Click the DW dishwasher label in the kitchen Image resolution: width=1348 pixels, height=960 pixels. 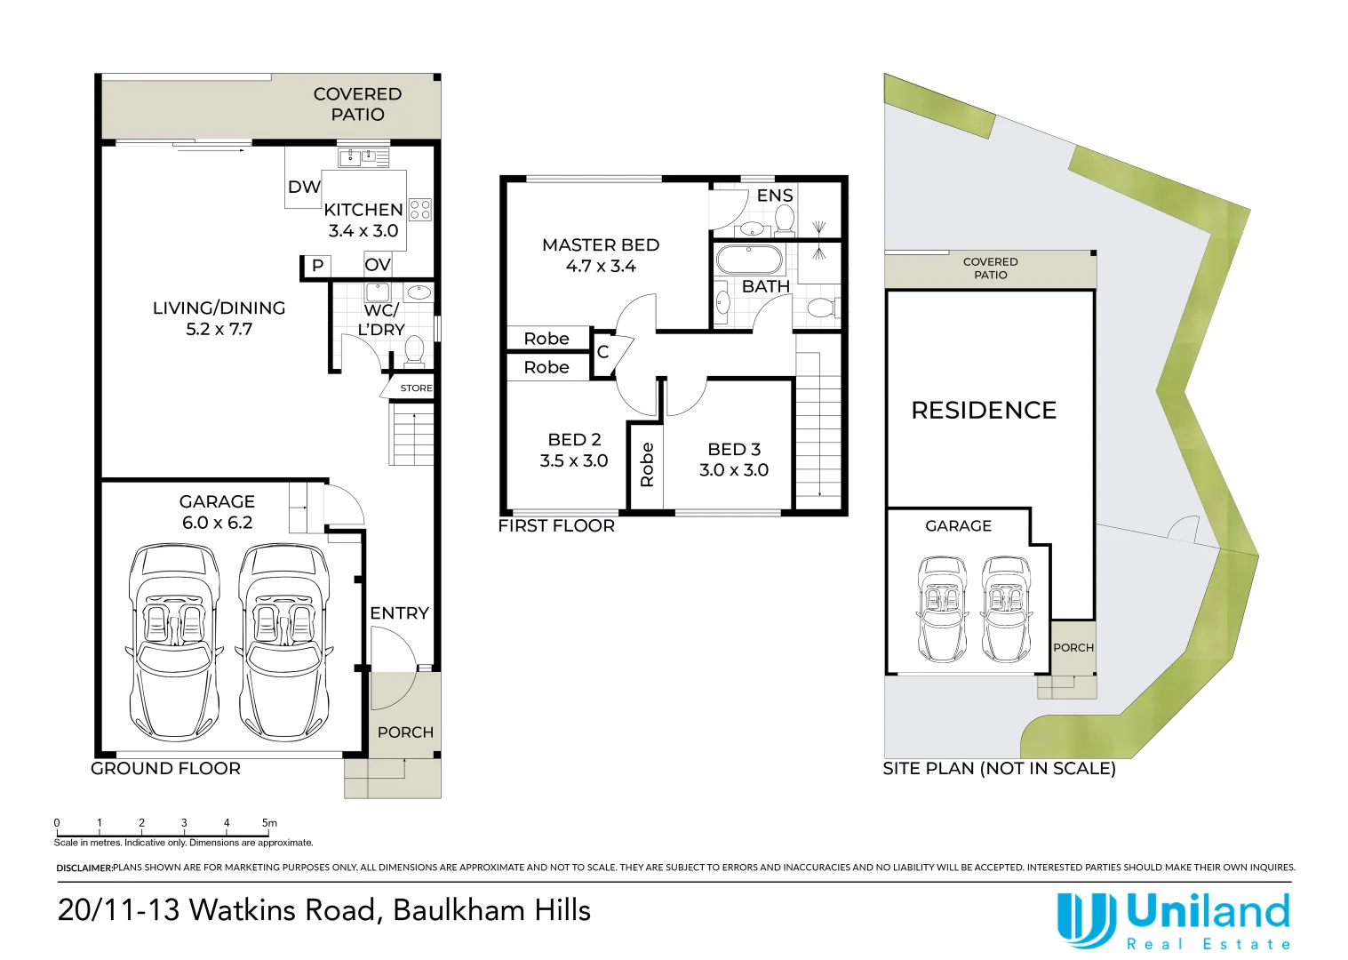tap(304, 188)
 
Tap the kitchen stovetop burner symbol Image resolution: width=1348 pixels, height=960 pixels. tap(420, 210)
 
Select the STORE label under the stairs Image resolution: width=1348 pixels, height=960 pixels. tap(417, 388)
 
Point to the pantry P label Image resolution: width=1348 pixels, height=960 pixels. tap(318, 265)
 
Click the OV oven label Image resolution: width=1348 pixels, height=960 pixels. tap(378, 265)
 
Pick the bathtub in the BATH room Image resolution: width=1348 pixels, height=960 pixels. tap(749, 260)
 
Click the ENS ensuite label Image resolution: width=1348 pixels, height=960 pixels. tap(775, 195)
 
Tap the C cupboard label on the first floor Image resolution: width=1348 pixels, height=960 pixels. tap(602, 351)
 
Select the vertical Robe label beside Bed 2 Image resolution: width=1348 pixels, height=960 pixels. tap(647, 464)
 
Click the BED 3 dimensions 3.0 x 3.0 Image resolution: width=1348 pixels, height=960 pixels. tap(734, 469)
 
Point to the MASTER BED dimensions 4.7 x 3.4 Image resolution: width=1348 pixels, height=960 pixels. tap(601, 266)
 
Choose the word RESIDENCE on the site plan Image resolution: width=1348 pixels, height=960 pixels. tap(984, 411)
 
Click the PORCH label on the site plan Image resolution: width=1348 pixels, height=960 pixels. tap(1073, 648)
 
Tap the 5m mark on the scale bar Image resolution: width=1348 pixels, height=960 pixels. tap(269, 822)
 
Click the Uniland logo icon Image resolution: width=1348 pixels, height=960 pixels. tap(1086, 920)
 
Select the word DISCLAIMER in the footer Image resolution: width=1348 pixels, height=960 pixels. tap(84, 868)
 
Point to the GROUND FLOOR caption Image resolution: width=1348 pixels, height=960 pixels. tap(165, 769)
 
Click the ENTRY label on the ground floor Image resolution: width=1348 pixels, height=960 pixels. tap(399, 612)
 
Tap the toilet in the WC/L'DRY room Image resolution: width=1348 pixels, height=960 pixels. tap(413, 350)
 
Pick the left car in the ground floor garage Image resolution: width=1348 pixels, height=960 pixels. tap(174, 643)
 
